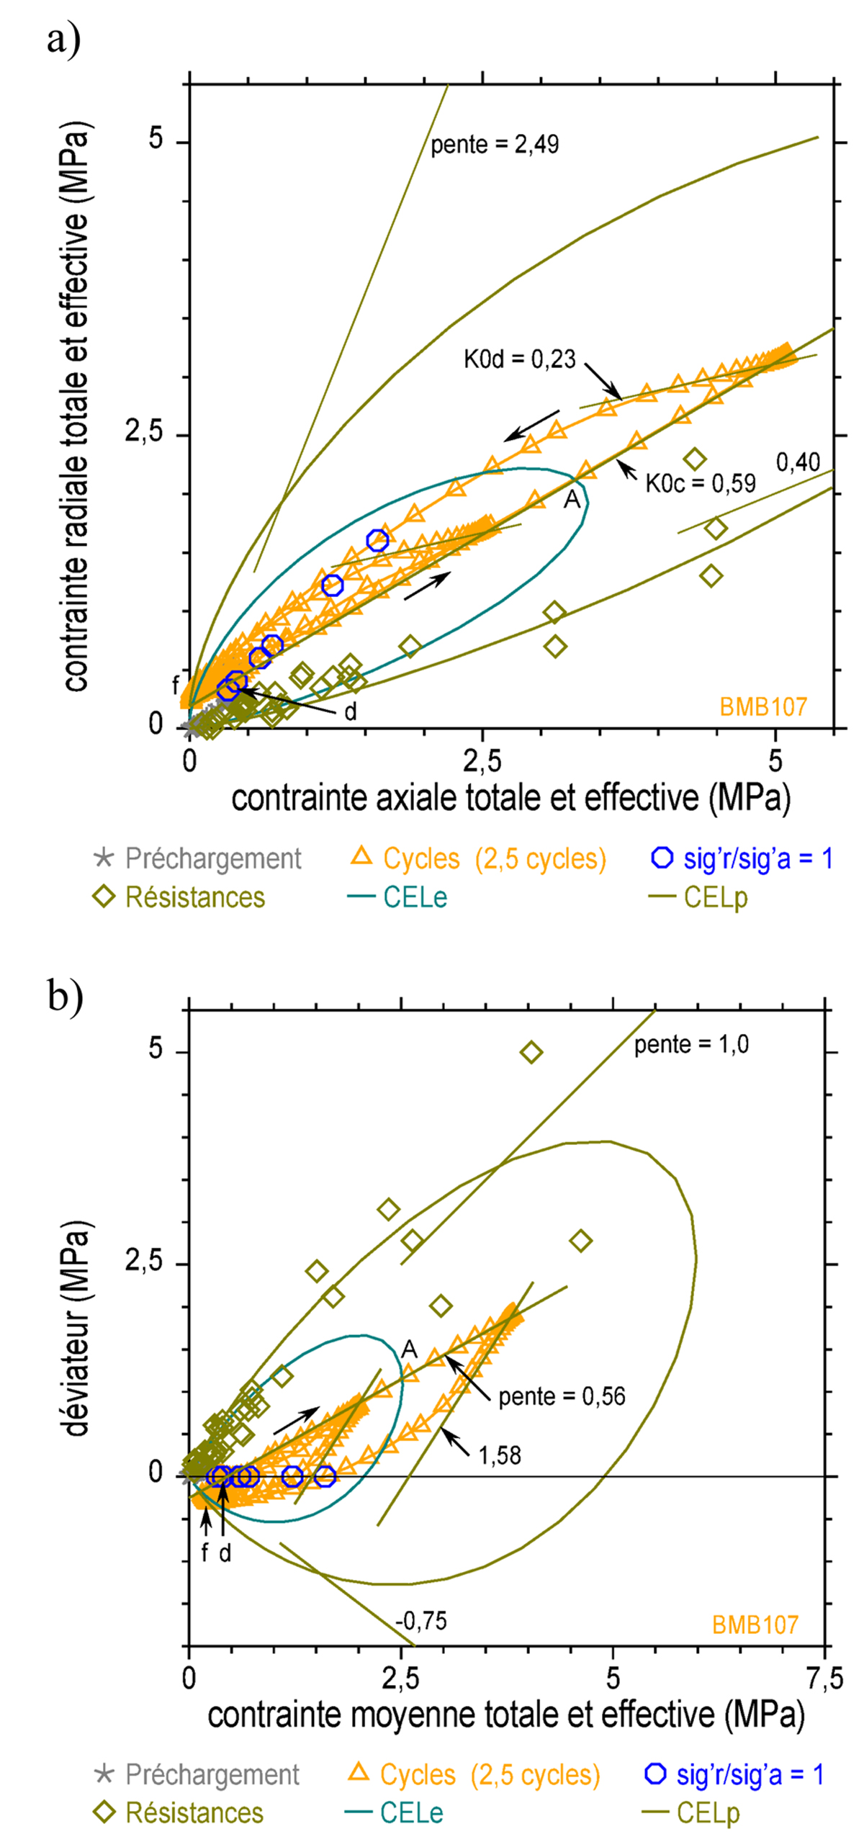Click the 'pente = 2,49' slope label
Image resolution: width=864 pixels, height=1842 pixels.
pos(495,145)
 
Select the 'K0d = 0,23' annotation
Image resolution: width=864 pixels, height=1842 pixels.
pos(519,359)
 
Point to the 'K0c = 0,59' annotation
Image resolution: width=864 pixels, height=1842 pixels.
pos(700,483)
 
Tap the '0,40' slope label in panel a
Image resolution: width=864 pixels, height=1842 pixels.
pos(798,462)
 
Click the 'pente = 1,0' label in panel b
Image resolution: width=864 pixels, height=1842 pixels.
pos(691,1045)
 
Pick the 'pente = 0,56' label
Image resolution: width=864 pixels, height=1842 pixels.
pos(562,1397)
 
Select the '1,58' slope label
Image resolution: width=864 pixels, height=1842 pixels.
pos(500,1455)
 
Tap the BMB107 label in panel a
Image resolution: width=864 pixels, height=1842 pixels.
pos(763,707)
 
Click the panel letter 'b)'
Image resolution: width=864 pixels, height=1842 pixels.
pos(66,996)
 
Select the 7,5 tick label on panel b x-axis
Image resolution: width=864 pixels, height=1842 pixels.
pos(824,1679)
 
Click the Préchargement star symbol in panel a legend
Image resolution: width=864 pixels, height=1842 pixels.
pos(104,858)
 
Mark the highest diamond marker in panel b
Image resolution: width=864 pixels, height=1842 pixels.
pos(531,1052)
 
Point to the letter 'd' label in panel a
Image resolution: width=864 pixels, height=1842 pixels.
pos(350,712)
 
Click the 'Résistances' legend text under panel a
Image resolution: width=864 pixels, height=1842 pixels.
pos(195,897)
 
